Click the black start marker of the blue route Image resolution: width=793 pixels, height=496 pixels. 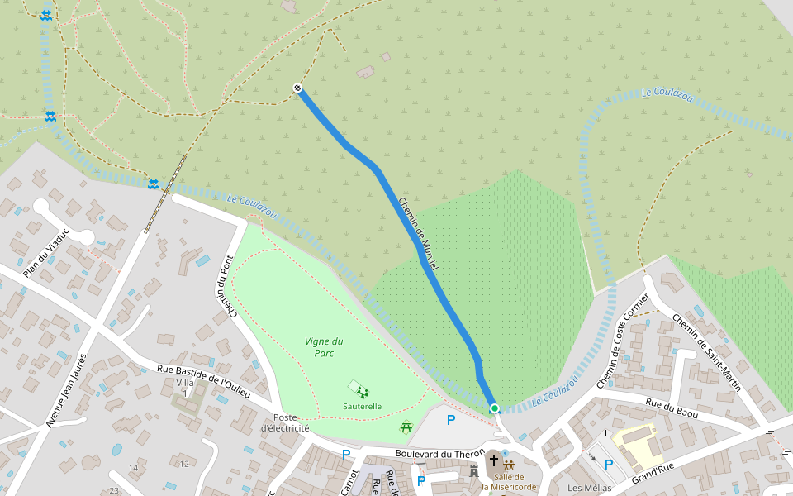pos(297,88)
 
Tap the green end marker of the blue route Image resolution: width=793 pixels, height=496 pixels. pos(494,408)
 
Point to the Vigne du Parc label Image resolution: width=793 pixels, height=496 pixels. pos(324,347)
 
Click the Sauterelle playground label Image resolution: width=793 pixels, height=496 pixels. pos(362,406)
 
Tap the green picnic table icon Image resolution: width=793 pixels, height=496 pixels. pos(406,427)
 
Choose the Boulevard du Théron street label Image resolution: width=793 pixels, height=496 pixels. pos(439,453)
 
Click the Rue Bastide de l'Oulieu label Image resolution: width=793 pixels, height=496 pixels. pos(203,381)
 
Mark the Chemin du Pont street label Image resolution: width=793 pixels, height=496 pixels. pos(227,286)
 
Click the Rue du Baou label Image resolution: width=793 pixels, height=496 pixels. pos(672,408)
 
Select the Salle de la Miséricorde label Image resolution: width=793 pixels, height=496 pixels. pos(510,481)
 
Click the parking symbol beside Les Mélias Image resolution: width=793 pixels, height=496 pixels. pos(609,465)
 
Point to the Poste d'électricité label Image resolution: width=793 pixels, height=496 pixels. pos(285,423)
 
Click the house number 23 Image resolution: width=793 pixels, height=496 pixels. pos(114,491)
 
